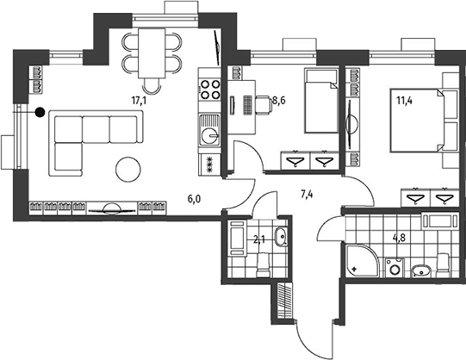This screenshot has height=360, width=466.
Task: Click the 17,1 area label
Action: click(139, 101)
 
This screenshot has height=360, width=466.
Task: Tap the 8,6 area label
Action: click(279, 101)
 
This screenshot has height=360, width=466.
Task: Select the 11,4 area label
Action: click(404, 101)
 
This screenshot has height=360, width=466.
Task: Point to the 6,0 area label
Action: click(194, 199)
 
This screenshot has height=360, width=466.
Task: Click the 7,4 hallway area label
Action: click(307, 195)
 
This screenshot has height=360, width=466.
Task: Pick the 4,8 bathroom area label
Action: click(399, 238)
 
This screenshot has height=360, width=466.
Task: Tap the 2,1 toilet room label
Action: click(259, 239)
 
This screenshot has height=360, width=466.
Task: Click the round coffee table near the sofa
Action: click(128, 170)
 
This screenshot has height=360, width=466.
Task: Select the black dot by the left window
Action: click(40, 112)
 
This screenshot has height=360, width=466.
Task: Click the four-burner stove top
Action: click(210, 90)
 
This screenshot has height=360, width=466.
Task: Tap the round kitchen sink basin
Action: click(209, 136)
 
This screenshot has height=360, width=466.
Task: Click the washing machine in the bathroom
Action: click(395, 268)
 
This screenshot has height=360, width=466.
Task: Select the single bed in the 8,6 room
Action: click(321, 101)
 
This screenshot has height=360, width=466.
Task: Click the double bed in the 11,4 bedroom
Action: click(417, 120)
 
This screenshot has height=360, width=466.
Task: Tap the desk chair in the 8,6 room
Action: click(264, 104)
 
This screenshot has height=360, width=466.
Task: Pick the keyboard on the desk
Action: click(247, 105)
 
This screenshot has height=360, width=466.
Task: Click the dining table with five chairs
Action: click(152, 53)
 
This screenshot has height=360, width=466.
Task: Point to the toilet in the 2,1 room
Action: click(264, 265)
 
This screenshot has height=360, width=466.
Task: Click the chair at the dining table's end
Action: click(152, 85)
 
